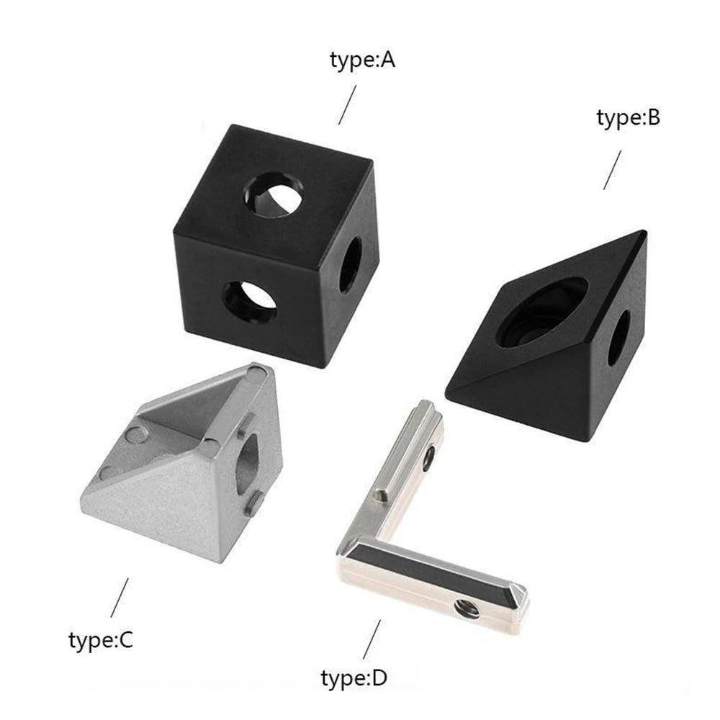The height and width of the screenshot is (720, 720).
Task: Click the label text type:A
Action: click(x=363, y=60)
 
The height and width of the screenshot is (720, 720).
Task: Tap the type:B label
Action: click(x=628, y=117)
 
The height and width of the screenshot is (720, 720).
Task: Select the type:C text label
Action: click(x=101, y=639)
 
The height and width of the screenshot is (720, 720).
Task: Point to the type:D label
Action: click(x=354, y=678)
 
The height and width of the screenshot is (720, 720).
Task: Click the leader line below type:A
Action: click(x=348, y=104)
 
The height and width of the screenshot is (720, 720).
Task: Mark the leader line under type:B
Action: click(x=612, y=170)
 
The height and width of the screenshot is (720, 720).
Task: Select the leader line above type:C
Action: click(x=120, y=597)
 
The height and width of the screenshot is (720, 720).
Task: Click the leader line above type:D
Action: click(x=372, y=639)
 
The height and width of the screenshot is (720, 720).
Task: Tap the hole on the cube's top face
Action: click(x=274, y=193)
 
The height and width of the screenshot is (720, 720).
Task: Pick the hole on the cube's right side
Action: click(x=351, y=265)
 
